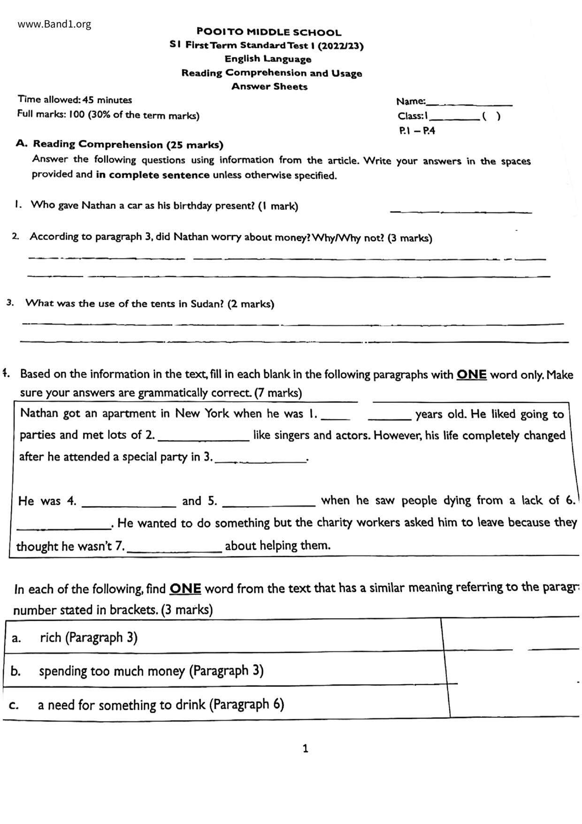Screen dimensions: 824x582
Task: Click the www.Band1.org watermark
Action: [54, 24]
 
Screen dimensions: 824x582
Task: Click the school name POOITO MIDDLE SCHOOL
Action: [269, 32]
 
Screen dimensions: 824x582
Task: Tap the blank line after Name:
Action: [469, 102]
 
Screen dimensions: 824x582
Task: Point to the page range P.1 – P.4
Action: [417, 131]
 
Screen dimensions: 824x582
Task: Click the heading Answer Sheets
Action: [269, 86]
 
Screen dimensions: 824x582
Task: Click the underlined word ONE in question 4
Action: [471, 374]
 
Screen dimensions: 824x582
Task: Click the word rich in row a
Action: [51, 637]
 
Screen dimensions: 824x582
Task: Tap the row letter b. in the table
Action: [15, 671]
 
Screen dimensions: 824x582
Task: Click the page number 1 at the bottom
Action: [306, 748]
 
